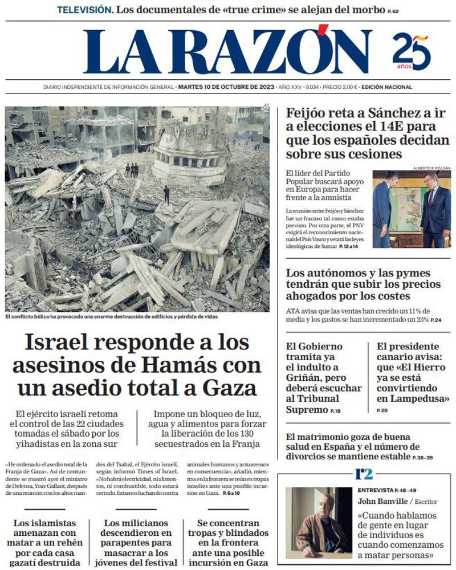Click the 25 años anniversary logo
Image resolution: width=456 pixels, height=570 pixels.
tap(412, 51)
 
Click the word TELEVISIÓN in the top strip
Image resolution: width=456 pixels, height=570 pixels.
tap(85, 10)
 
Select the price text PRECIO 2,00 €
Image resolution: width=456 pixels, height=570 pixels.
tap(340, 87)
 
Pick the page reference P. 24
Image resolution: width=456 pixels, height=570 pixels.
tap(435, 320)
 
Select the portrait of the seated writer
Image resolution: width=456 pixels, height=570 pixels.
tap(318, 522)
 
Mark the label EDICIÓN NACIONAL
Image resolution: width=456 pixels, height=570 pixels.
tap(386, 87)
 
